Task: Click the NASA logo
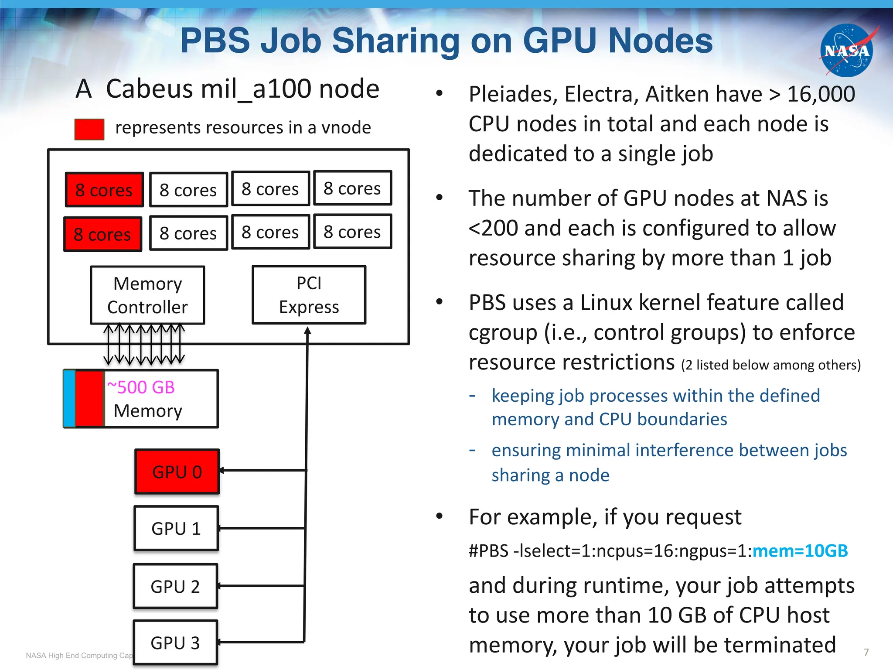coord(846,51)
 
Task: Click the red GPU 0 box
coord(177,472)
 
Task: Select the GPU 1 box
coord(176,528)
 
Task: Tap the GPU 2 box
coord(175,586)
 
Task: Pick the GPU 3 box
coord(175,643)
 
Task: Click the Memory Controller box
coord(147,295)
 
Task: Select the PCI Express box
coord(309,295)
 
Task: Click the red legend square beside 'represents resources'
coord(89,129)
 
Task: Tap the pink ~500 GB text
coord(141,387)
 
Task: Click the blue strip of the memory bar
coord(69,399)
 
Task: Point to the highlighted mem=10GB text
coord(800,551)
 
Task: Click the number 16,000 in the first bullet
coord(821,94)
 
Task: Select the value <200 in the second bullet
coord(493,228)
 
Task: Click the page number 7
coord(866,652)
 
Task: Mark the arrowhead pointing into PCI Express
coord(307,330)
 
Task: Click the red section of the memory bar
coord(89,399)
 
